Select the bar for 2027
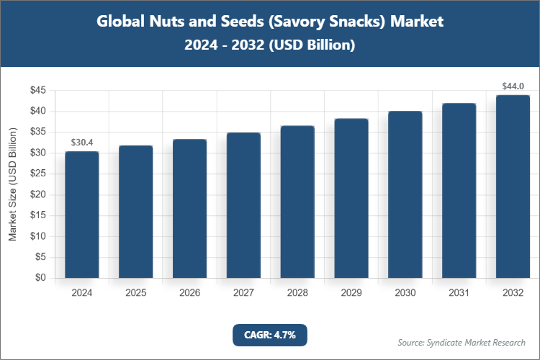pos(243,205)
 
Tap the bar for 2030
pos(405,194)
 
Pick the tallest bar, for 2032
pos(513,186)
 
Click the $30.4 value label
pos(81,143)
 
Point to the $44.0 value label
pos(513,86)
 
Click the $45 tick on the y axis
pos(37,90)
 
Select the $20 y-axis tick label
pos(37,194)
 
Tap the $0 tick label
pos(40,278)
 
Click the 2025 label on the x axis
pos(135,293)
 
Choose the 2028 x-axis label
pos(297,293)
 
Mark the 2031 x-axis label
pos(459,293)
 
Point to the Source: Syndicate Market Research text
pos(462,342)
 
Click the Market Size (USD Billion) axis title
pos(12,184)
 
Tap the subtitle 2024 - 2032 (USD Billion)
pos(270,45)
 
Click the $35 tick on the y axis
pos(37,132)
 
